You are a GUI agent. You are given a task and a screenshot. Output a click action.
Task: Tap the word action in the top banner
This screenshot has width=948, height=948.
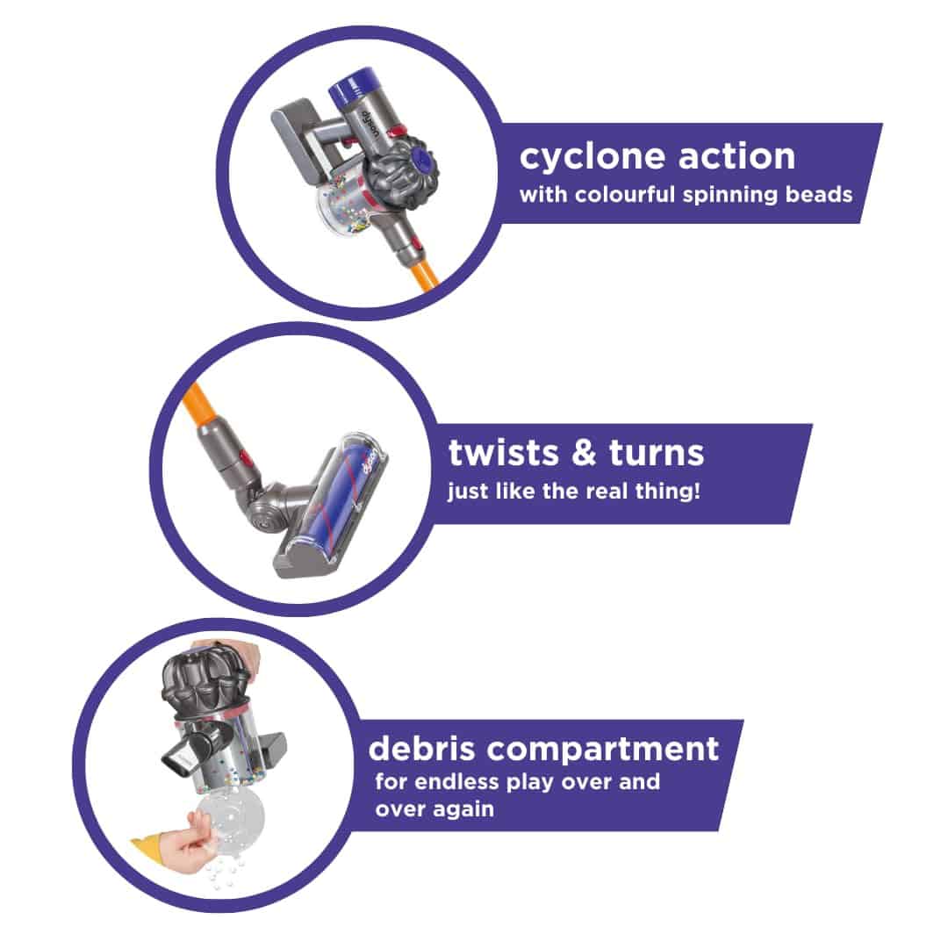[x=737, y=155]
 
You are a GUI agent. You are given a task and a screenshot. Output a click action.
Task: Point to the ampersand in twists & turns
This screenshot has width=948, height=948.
[x=584, y=453]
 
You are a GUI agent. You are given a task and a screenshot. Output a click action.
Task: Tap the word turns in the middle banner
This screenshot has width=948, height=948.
[x=657, y=453]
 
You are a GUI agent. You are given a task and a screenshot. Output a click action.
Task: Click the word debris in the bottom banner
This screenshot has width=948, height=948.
[x=421, y=749]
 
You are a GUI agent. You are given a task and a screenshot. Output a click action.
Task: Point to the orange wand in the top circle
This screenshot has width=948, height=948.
[x=425, y=274]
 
